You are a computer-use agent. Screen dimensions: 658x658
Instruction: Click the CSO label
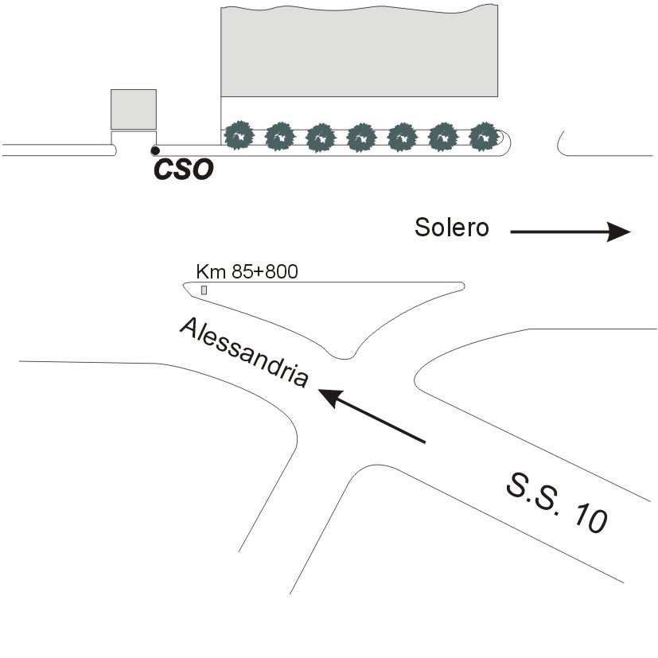click(184, 168)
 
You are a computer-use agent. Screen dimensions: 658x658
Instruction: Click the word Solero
click(452, 228)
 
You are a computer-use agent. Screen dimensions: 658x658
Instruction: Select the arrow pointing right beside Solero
click(570, 232)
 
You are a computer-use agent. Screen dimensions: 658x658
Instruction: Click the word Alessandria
click(244, 352)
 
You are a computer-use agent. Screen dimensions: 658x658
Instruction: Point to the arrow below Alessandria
click(372, 415)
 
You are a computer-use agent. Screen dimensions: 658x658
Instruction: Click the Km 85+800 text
click(247, 272)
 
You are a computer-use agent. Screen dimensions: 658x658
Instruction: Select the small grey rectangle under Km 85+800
click(204, 290)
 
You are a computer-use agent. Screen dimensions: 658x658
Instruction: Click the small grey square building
click(134, 109)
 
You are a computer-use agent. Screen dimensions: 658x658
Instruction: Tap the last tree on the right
click(484, 137)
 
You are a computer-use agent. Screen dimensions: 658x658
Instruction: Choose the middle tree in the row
click(361, 137)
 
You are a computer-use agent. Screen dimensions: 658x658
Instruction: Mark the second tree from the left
click(279, 137)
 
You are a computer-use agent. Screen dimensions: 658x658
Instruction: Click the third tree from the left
click(321, 137)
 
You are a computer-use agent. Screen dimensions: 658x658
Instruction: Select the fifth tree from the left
click(403, 137)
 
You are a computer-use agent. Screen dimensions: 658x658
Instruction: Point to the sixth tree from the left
click(443, 137)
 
